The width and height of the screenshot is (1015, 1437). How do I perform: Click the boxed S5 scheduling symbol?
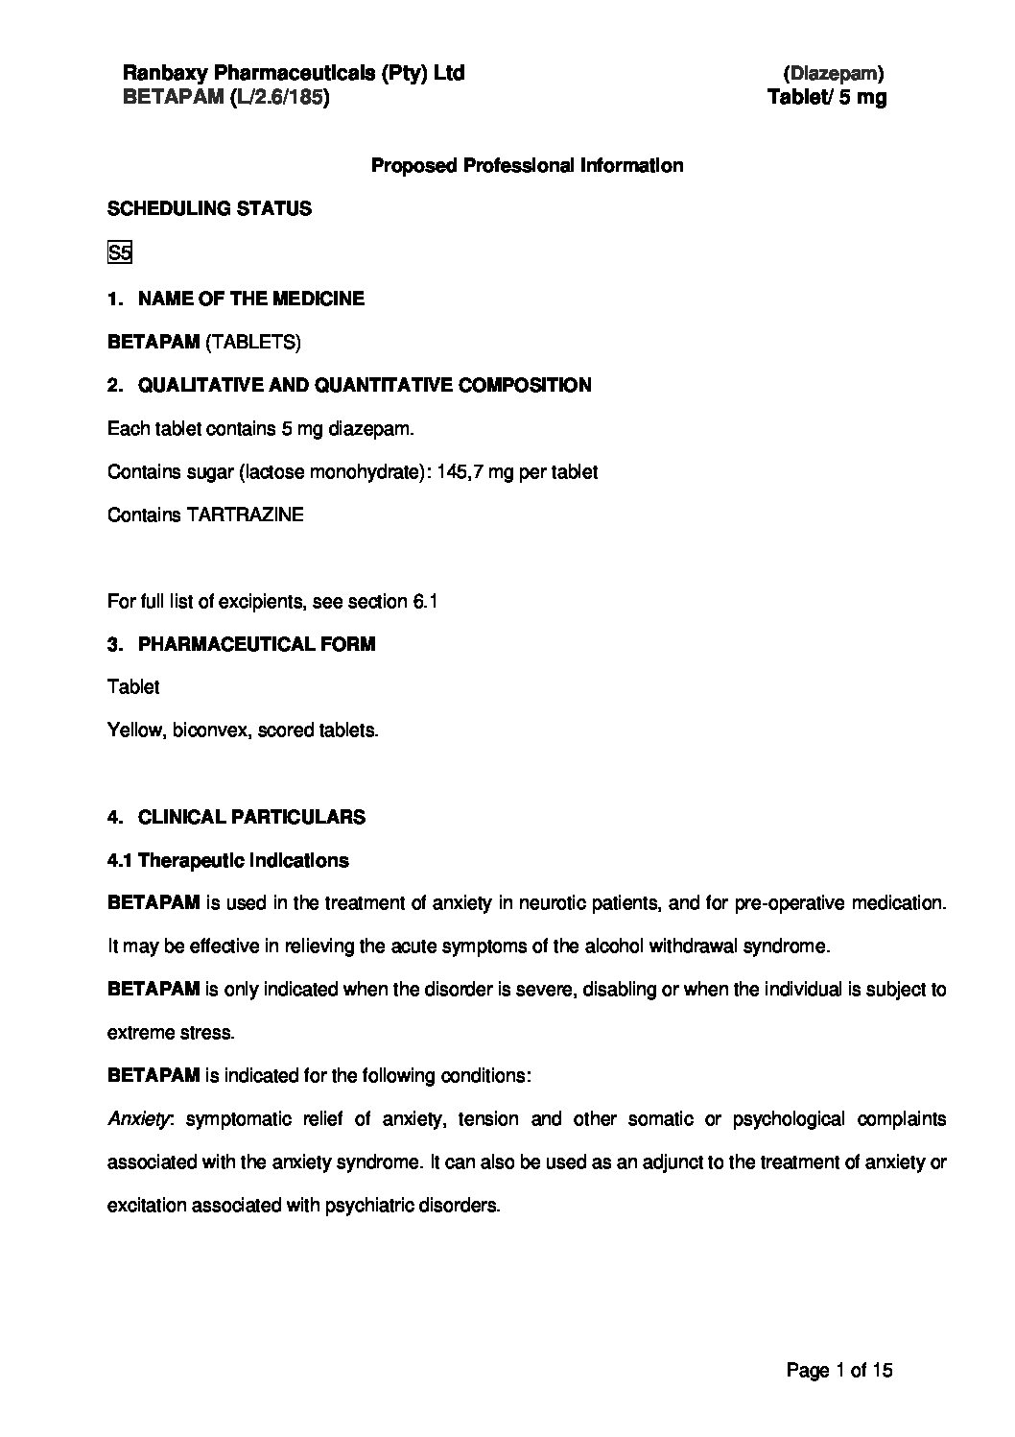(119, 254)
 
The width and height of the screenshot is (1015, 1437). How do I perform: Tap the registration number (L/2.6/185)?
(279, 97)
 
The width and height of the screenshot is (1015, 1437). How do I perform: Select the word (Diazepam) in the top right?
(834, 73)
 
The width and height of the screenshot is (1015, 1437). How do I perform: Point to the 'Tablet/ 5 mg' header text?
(827, 97)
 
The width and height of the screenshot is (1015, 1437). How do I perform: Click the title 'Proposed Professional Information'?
(527, 165)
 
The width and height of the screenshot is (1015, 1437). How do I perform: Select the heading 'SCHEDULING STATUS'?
(209, 208)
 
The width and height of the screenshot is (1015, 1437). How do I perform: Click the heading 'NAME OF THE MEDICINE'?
(251, 299)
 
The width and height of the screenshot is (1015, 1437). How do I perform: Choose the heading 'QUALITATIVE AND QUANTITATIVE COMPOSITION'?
(365, 385)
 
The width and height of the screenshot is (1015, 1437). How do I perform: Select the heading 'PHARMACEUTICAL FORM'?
(256, 644)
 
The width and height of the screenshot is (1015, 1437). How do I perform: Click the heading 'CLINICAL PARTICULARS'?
(251, 818)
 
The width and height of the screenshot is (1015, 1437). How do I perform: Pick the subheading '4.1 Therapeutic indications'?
(228, 860)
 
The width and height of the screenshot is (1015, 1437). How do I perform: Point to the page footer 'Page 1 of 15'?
(839, 1371)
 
